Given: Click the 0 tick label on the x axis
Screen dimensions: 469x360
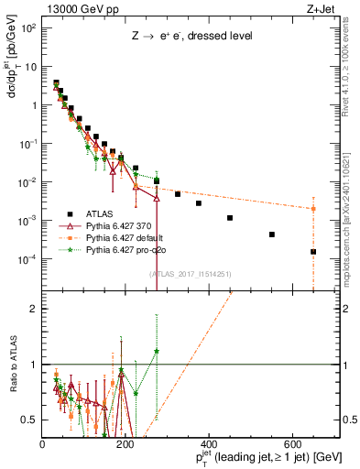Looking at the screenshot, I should pyautogui.click(x=43, y=442).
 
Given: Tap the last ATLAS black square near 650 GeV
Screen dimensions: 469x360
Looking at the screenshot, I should pyautogui.click(x=313, y=252).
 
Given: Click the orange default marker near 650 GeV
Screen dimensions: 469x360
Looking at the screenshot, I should pyautogui.click(x=313, y=209).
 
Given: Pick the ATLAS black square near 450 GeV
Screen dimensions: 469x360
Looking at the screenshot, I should pyautogui.click(x=230, y=218).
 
